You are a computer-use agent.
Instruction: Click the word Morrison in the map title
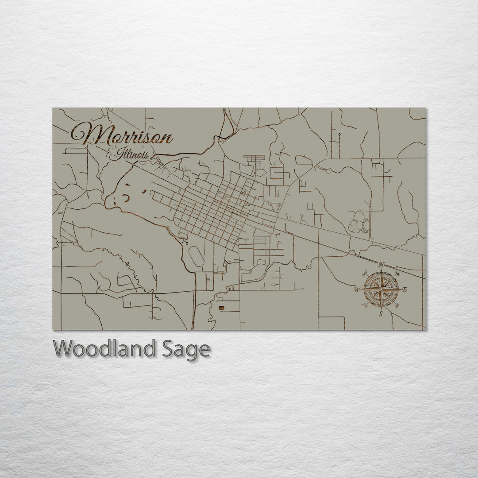[x=122, y=134]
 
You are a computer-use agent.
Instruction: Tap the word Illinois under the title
[x=131, y=155]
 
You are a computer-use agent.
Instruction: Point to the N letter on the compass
[x=381, y=265]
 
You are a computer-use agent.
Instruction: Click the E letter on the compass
[x=405, y=289]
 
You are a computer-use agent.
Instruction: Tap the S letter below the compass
[x=381, y=314]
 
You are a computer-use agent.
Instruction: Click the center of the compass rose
[x=381, y=289]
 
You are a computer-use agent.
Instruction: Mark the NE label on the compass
[x=397, y=273]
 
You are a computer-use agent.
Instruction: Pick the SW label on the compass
[x=364, y=306]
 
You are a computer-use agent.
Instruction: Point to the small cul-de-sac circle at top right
[x=339, y=134]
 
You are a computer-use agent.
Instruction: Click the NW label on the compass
[x=364, y=273]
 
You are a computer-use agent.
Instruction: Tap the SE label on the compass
[x=397, y=306]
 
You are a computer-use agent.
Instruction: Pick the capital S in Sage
[x=169, y=349]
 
